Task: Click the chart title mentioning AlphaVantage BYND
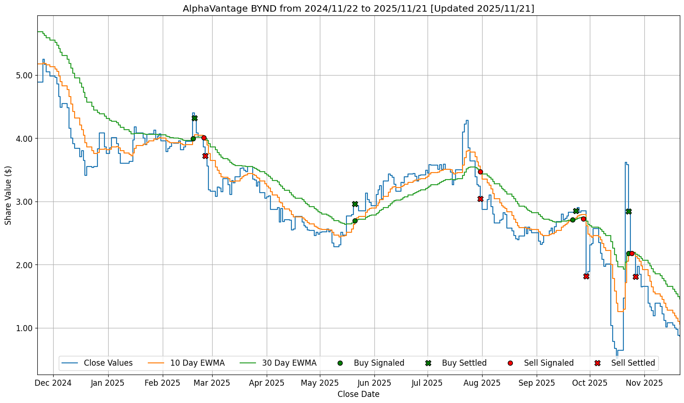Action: coord(358,8)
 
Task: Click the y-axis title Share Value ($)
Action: coord(8,195)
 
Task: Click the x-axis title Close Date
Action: coord(358,394)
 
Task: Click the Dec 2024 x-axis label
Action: coord(53,383)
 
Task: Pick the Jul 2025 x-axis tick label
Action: coord(428,383)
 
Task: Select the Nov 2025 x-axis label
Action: coord(644,383)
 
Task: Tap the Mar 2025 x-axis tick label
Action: coord(212,383)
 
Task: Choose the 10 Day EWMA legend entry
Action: coord(197,363)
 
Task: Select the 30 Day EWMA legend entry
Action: coord(289,363)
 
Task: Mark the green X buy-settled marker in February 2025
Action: coord(194,118)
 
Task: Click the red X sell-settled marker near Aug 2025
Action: coord(480,199)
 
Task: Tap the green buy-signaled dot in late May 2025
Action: coord(355,221)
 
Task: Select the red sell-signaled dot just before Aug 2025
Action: coord(480,172)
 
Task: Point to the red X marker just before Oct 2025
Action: coord(586,276)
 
